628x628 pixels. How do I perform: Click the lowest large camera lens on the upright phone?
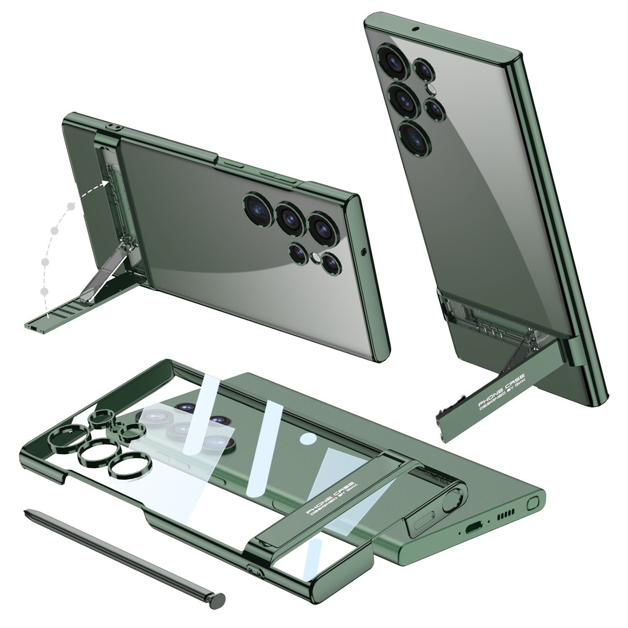413,135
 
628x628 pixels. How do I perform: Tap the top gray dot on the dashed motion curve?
72,206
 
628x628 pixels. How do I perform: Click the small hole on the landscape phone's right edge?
363,252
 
